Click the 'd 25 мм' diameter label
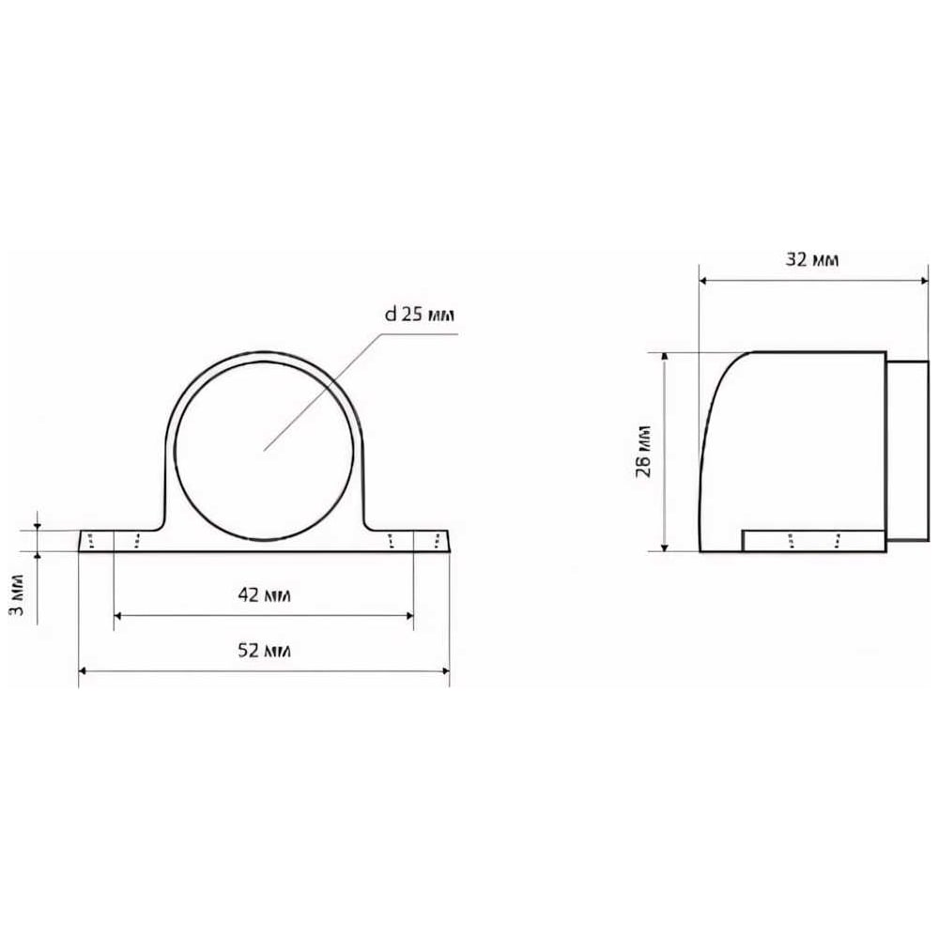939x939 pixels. (419, 314)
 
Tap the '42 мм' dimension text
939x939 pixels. (264, 595)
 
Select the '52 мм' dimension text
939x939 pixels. (264, 651)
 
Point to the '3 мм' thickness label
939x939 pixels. (18, 594)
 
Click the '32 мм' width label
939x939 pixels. (812, 259)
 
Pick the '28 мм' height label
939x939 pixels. (644, 451)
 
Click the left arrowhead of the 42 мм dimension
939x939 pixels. (117, 615)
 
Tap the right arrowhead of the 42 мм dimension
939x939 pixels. (409, 615)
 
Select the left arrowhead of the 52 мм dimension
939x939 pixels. (83, 670)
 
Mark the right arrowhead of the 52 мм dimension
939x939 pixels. (445, 670)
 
